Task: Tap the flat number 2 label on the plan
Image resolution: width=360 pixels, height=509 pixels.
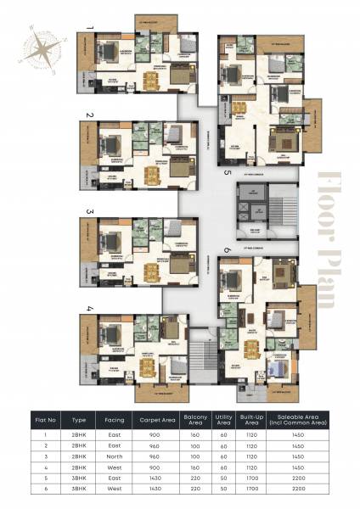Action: (x=87, y=115)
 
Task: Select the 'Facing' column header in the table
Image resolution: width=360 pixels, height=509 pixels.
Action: (x=115, y=418)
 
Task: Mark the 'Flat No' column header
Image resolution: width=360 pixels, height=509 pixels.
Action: (x=44, y=418)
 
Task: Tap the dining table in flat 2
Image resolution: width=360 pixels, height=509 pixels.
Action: (x=153, y=176)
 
